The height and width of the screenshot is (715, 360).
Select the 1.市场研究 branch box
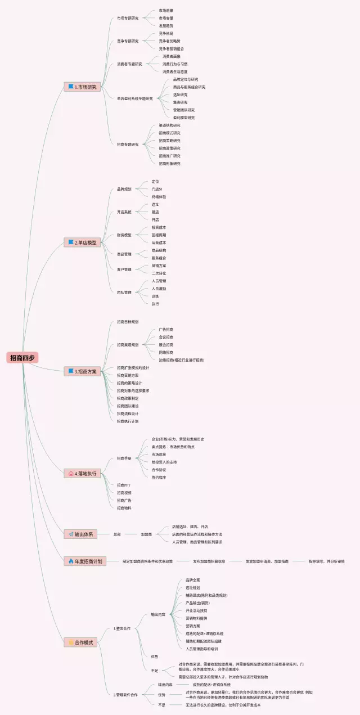tap(82, 87)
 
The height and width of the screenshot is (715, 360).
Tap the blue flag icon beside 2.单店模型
tap(71, 242)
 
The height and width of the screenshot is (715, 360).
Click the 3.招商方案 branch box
tap(82, 371)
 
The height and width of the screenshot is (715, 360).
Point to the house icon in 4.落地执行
tap(71, 474)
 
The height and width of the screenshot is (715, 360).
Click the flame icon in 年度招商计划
tap(70, 561)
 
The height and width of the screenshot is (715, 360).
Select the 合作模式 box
tap(82, 642)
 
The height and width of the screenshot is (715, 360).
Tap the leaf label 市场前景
tap(166, 11)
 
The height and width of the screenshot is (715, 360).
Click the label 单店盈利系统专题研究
tap(135, 98)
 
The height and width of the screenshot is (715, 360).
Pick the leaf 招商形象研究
tap(169, 164)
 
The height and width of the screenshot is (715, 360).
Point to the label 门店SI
tap(157, 189)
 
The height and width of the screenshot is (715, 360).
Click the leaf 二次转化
tap(159, 273)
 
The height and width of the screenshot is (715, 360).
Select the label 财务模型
tap(124, 235)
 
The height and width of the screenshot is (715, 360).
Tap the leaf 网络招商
tap(166, 352)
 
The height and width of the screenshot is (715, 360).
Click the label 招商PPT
tap(124, 485)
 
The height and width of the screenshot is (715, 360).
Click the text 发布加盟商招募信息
tap(209, 561)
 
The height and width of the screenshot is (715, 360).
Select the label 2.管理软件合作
tap(125, 695)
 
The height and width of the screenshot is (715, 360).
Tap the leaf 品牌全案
tap(193, 579)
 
